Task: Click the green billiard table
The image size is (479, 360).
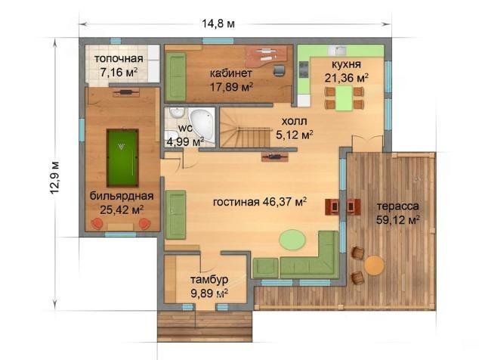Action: pos(122,158)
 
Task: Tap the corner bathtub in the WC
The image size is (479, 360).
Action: pos(202,125)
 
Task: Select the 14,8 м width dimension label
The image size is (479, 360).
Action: pos(218,23)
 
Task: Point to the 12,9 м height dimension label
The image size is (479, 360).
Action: pos(54,177)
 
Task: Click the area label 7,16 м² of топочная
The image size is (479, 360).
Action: pos(119,73)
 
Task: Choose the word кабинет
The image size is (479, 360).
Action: pos(231,73)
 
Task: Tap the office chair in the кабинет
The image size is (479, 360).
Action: pos(279,70)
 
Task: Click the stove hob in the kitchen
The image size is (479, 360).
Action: pos(304,70)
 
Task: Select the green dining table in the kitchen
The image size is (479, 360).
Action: pos(344,98)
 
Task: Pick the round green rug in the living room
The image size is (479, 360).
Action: pos(292,240)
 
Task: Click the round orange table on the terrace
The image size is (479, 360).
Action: pos(374,265)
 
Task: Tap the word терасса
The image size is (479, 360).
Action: pos(397,206)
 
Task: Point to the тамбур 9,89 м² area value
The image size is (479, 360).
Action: pos(209,293)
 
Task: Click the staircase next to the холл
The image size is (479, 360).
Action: pos(245,128)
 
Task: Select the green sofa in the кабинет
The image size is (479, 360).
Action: pos(175,77)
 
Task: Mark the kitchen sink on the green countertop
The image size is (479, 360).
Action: pos(338,50)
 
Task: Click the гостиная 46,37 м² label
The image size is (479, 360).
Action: pos(260,202)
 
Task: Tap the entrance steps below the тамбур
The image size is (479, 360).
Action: pos(205,326)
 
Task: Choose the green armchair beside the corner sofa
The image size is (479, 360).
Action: pos(265,268)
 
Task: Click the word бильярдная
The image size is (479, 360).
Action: pos(122,196)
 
